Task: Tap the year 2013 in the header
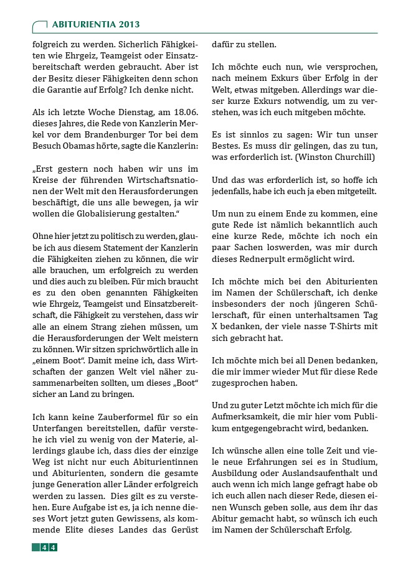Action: (126, 24)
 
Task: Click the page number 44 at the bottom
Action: (49, 547)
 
